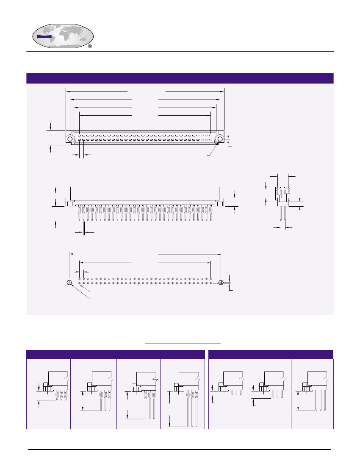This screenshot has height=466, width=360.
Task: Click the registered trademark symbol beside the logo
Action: click(x=90, y=46)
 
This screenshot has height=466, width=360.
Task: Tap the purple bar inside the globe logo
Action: click(x=44, y=36)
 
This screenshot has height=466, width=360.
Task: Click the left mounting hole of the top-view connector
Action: click(x=69, y=139)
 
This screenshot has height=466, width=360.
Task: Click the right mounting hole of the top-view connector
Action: click(x=220, y=139)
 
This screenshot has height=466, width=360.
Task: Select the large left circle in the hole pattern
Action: click(x=69, y=283)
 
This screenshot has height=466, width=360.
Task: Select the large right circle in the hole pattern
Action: click(x=221, y=283)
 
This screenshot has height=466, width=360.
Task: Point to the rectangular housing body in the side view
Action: click(x=144, y=193)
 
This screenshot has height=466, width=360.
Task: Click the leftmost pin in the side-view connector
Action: click(x=79, y=213)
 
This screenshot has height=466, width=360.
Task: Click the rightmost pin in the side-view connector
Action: click(x=211, y=213)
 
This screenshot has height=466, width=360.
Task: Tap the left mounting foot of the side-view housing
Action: click(x=68, y=202)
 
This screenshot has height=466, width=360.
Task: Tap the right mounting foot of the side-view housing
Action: click(x=221, y=202)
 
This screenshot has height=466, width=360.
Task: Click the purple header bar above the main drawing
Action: click(x=180, y=78)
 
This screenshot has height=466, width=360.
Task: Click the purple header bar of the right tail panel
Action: click(x=271, y=355)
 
